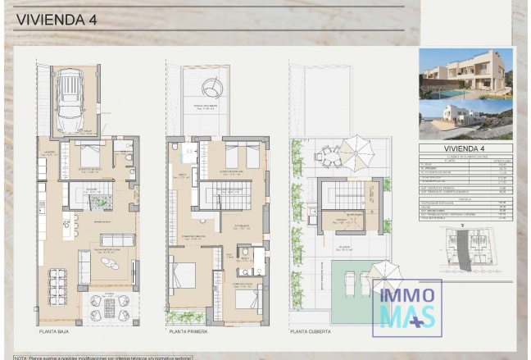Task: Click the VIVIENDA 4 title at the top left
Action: (x=57, y=20)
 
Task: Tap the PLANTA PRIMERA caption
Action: (x=188, y=332)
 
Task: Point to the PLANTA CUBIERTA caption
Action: (x=311, y=332)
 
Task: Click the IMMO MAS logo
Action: (x=407, y=308)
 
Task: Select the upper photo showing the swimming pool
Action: (x=465, y=74)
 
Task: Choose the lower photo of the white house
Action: (x=465, y=120)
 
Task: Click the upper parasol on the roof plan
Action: (x=356, y=153)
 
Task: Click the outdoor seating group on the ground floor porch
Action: (x=109, y=308)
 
